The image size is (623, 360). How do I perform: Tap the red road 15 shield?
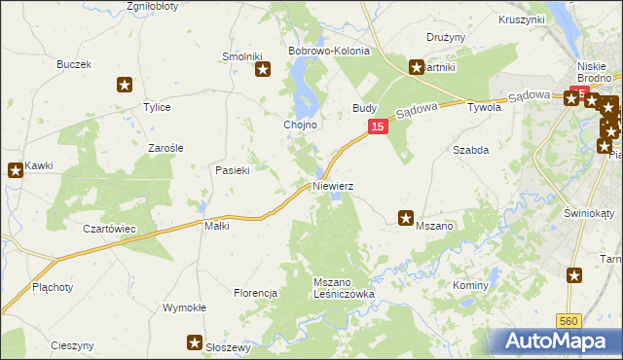[x=379, y=127]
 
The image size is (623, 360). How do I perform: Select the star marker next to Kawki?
[x=16, y=171]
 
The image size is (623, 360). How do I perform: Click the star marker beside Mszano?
[x=406, y=219]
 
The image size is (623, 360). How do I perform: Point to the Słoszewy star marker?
[x=195, y=342]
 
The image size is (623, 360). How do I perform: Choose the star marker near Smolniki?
[x=262, y=69]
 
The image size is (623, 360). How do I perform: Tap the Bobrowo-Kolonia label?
[x=328, y=51]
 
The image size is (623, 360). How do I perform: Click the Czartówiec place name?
[x=108, y=228]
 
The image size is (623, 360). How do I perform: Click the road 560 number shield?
[x=571, y=319]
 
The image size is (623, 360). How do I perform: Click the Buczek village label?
[x=74, y=64]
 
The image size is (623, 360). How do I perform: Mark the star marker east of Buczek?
[x=124, y=85]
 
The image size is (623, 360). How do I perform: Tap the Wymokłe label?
[x=184, y=307]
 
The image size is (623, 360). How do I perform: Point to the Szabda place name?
[x=470, y=150]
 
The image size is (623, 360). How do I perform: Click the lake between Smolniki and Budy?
[x=307, y=88]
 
